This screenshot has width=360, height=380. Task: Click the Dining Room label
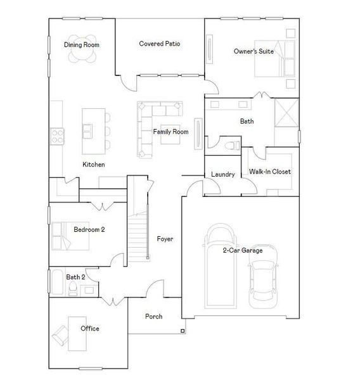pos(82,45)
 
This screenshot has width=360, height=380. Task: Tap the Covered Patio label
pos(160,44)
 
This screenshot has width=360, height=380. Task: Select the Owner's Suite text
pos(254,51)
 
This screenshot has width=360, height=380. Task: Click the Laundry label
pos(223,174)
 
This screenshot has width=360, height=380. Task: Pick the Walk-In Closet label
pos(270,172)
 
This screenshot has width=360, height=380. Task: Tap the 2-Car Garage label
pos(242,250)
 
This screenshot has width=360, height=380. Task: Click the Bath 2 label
pos(76,277)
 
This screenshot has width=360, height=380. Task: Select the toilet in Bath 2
pos(74,289)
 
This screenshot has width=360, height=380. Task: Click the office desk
pos(76,330)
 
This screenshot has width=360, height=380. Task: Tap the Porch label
pos(153,316)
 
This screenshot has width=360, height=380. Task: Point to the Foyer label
pos(165,239)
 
